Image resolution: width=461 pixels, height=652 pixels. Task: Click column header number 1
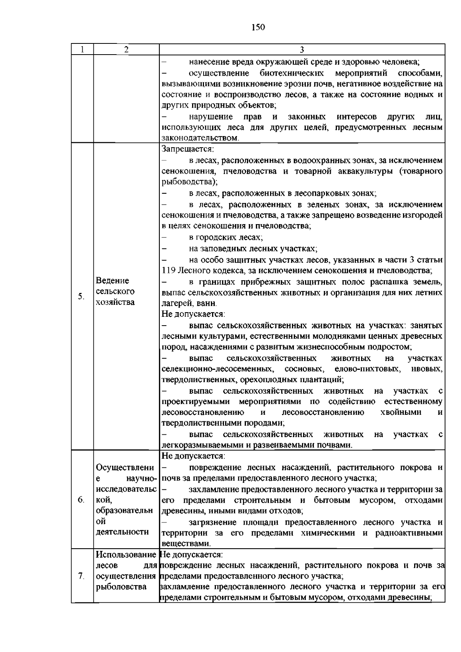click(x=82, y=50)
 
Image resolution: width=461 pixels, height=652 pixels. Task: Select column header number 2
click(x=126, y=50)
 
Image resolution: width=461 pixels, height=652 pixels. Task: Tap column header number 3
click(x=302, y=50)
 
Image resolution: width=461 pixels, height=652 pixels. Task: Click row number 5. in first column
click(x=81, y=296)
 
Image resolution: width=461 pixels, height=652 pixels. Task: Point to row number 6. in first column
click(x=81, y=500)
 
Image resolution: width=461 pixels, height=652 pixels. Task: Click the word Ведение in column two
click(x=113, y=281)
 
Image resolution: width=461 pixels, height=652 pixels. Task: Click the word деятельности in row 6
click(x=122, y=532)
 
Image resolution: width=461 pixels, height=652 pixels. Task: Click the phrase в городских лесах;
click(x=226, y=238)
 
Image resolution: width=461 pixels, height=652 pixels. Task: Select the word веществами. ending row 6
click(x=186, y=544)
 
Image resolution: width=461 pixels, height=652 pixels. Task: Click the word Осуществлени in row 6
click(x=125, y=468)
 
